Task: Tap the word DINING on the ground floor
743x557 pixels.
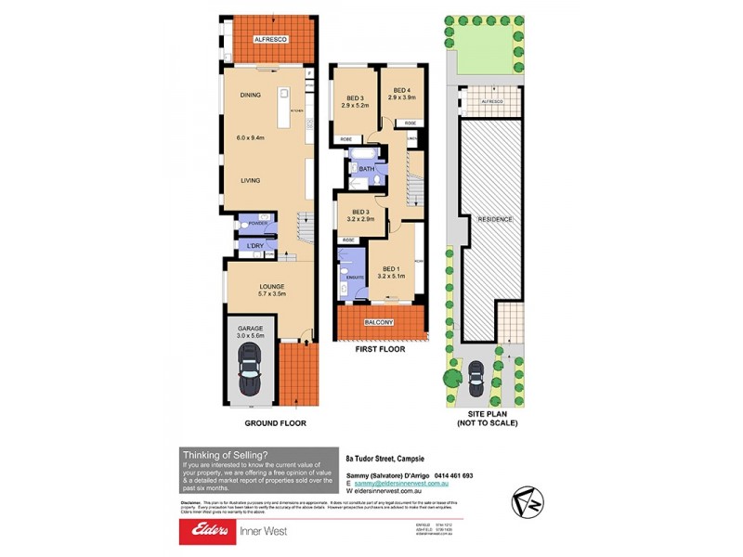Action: point(250,95)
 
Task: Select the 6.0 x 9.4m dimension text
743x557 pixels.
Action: point(250,137)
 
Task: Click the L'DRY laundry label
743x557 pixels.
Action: point(256,245)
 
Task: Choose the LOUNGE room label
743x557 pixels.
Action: point(270,286)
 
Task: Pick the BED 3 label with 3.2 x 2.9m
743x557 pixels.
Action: point(359,212)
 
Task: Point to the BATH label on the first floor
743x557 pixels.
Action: point(367,169)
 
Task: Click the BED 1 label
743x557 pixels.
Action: point(391,268)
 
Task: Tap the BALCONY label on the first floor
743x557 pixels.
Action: point(383,322)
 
